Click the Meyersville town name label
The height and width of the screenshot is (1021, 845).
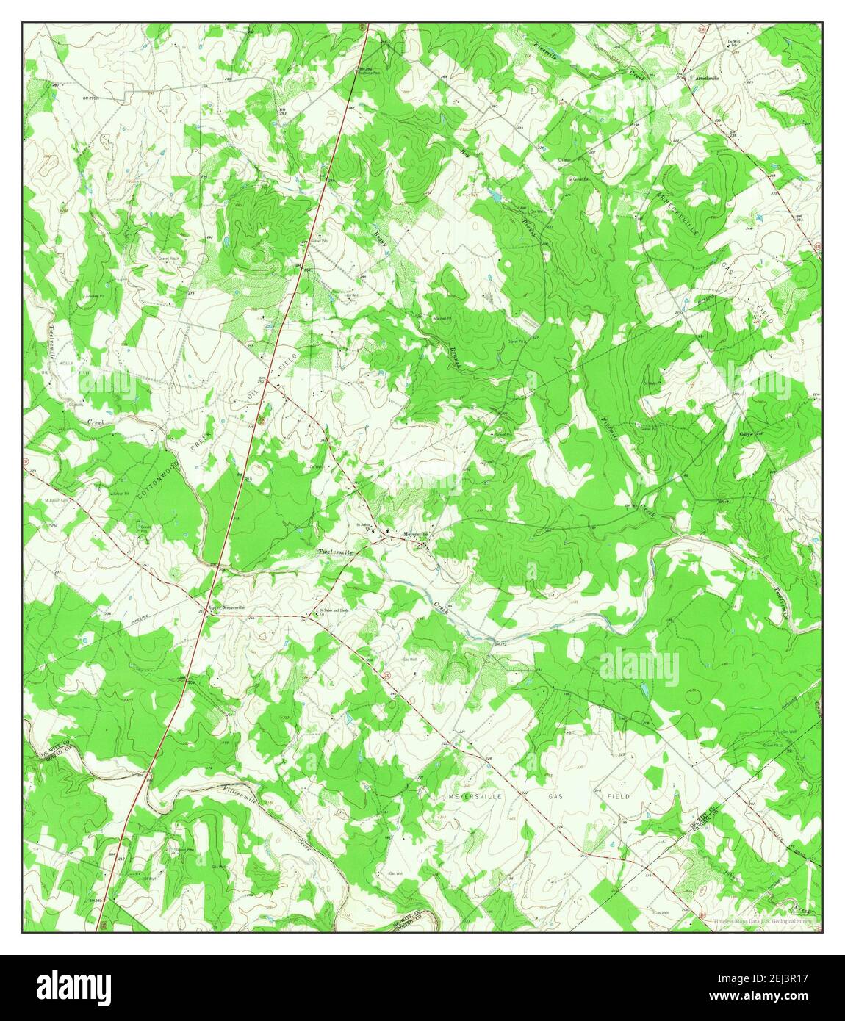pos(417,534)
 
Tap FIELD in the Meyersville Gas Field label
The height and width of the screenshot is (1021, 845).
pos(617,796)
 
